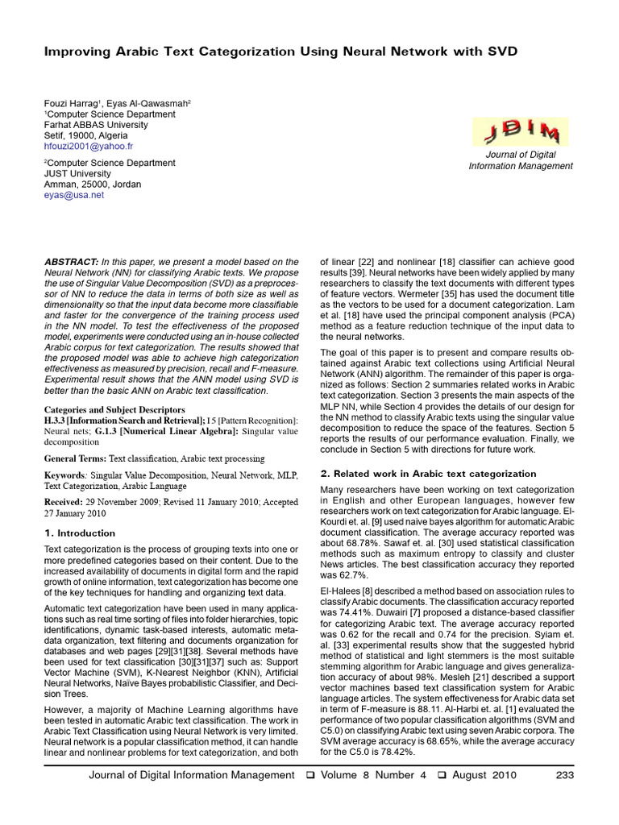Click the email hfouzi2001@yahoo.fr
point(89,147)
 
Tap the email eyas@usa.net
point(74,195)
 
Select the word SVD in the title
point(499,52)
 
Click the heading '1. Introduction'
point(80,533)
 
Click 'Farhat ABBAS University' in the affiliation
point(96,125)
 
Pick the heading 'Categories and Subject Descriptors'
point(114,409)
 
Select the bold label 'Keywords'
point(64,475)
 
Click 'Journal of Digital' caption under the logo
point(521,155)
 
